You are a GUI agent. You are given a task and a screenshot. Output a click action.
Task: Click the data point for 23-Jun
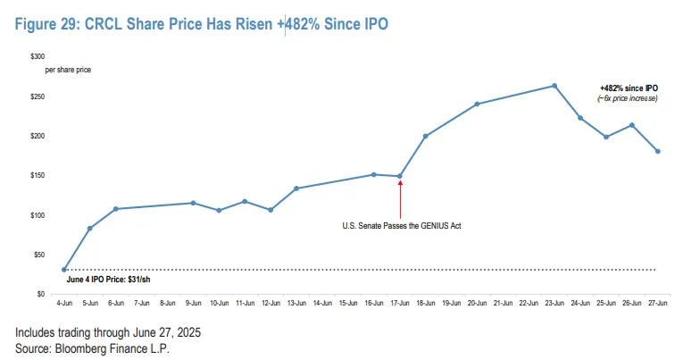coord(554,86)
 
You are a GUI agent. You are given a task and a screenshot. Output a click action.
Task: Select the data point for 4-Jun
coord(64,269)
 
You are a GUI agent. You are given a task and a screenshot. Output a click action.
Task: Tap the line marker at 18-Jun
coord(425,136)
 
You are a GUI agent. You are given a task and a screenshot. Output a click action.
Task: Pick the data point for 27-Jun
coord(658,151)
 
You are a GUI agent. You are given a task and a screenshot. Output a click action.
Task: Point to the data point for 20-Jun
coord(477,104)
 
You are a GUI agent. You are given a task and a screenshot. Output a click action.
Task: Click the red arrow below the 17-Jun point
coord(400,197)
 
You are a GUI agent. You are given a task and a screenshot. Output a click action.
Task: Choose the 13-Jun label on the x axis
coord(296,304)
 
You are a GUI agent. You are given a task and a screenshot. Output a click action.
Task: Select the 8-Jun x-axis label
coord(167,304)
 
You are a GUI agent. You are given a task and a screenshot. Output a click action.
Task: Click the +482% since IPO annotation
coord(629,88)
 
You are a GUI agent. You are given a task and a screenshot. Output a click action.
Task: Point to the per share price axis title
coord(68,69)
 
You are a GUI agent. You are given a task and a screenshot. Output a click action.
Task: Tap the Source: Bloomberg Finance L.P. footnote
coord(92,347)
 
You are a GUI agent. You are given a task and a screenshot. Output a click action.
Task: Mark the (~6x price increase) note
coord(629,98)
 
